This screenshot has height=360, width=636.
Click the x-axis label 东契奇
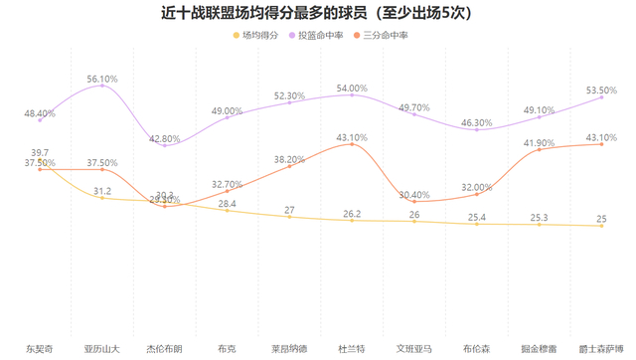click(x=40, y=349)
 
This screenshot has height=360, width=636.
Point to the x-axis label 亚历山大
click(x=102, y=349)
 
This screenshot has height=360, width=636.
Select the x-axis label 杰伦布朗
click(x=165, y=349)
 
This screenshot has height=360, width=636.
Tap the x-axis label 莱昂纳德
click(x=289, y=349)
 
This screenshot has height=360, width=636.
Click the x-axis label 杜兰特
click(x=352, y=349)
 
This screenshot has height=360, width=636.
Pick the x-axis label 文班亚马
click(x=414, y=349)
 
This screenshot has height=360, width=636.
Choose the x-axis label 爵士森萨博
click(x=601, y=349)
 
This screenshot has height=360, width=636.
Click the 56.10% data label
click(x=102, y=78)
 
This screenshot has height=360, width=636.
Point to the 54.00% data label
click(x=352, y=89)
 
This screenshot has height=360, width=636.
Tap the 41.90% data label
click(x=539, y=143)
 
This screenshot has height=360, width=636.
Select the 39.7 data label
click(x=40, y=152)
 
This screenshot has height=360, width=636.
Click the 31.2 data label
click(x=102, y=190)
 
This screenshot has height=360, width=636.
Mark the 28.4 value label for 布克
click(x=228, y=204)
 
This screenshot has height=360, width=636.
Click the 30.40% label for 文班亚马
click(x=414, y=195)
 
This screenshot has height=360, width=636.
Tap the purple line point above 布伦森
click(x=477, y=129)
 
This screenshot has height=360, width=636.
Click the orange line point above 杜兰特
click(x=352, y=144)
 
